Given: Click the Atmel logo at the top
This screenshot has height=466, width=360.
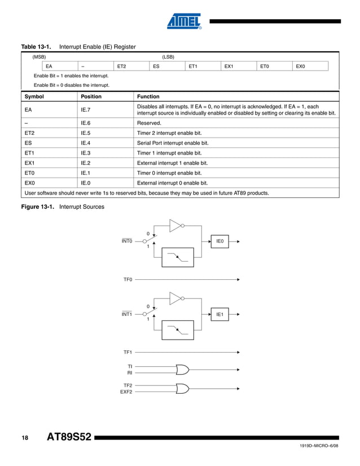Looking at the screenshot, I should pyautogui.click(x=184, y=21).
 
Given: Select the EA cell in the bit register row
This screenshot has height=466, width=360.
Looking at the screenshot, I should pyautogui.click(x=49, y=67).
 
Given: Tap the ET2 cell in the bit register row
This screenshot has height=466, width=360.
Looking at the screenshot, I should pyautogui.click(x=121, y=67).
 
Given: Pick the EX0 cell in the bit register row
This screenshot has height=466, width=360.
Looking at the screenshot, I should pyautogui.click(x=301, y=67).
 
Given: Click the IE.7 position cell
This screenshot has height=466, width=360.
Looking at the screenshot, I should pyautogui.click(x=87, y=110).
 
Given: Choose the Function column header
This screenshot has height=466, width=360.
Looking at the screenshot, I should pyautogui.click(x=148, y=96).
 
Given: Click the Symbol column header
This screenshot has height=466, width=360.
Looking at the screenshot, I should pyautogui.click(x=34, y=96).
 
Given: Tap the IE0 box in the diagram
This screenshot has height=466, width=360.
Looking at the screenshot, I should pyautogui.click(x=220, y=241).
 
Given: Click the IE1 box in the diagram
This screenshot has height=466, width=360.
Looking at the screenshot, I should pyautogui.click(x=220, y=314).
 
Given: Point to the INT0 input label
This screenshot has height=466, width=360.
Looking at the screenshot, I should pyautogui.click(x=127, y=241).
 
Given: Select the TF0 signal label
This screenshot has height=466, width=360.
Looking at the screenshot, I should pyautogui.click(x=128, y=279).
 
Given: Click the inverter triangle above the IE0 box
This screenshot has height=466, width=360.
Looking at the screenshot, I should pyautogui.click(x=176, y=226).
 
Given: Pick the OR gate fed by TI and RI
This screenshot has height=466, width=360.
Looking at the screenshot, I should pyautogui.click(x=183, y=369).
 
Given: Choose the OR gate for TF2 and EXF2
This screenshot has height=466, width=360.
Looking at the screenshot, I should pyautogui.click(x=183, y=388).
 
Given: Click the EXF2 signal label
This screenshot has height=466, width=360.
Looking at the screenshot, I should pyautogui.click(x=126, y=392).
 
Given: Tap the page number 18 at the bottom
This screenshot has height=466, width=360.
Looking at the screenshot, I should pyautogui.click(x=25, y=438).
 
